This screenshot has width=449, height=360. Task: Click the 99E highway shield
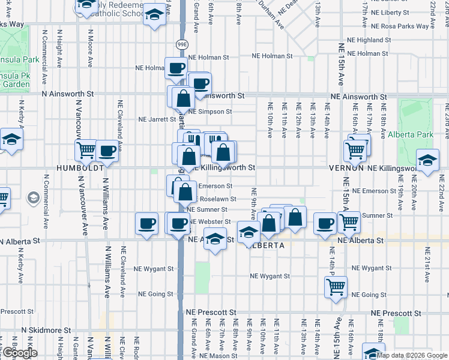pos(182,44)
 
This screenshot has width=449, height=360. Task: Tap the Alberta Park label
pos(411,135)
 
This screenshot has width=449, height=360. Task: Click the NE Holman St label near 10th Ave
pos(272,56)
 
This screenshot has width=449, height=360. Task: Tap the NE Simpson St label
pos(209,112)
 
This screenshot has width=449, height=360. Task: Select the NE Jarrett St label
pos(157,119)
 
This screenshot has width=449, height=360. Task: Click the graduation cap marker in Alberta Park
pos(427,161)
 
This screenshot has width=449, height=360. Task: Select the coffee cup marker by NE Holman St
pos(175,68)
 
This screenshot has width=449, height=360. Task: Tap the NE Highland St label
pos(365,40)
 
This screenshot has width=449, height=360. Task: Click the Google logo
pos(20,353)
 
